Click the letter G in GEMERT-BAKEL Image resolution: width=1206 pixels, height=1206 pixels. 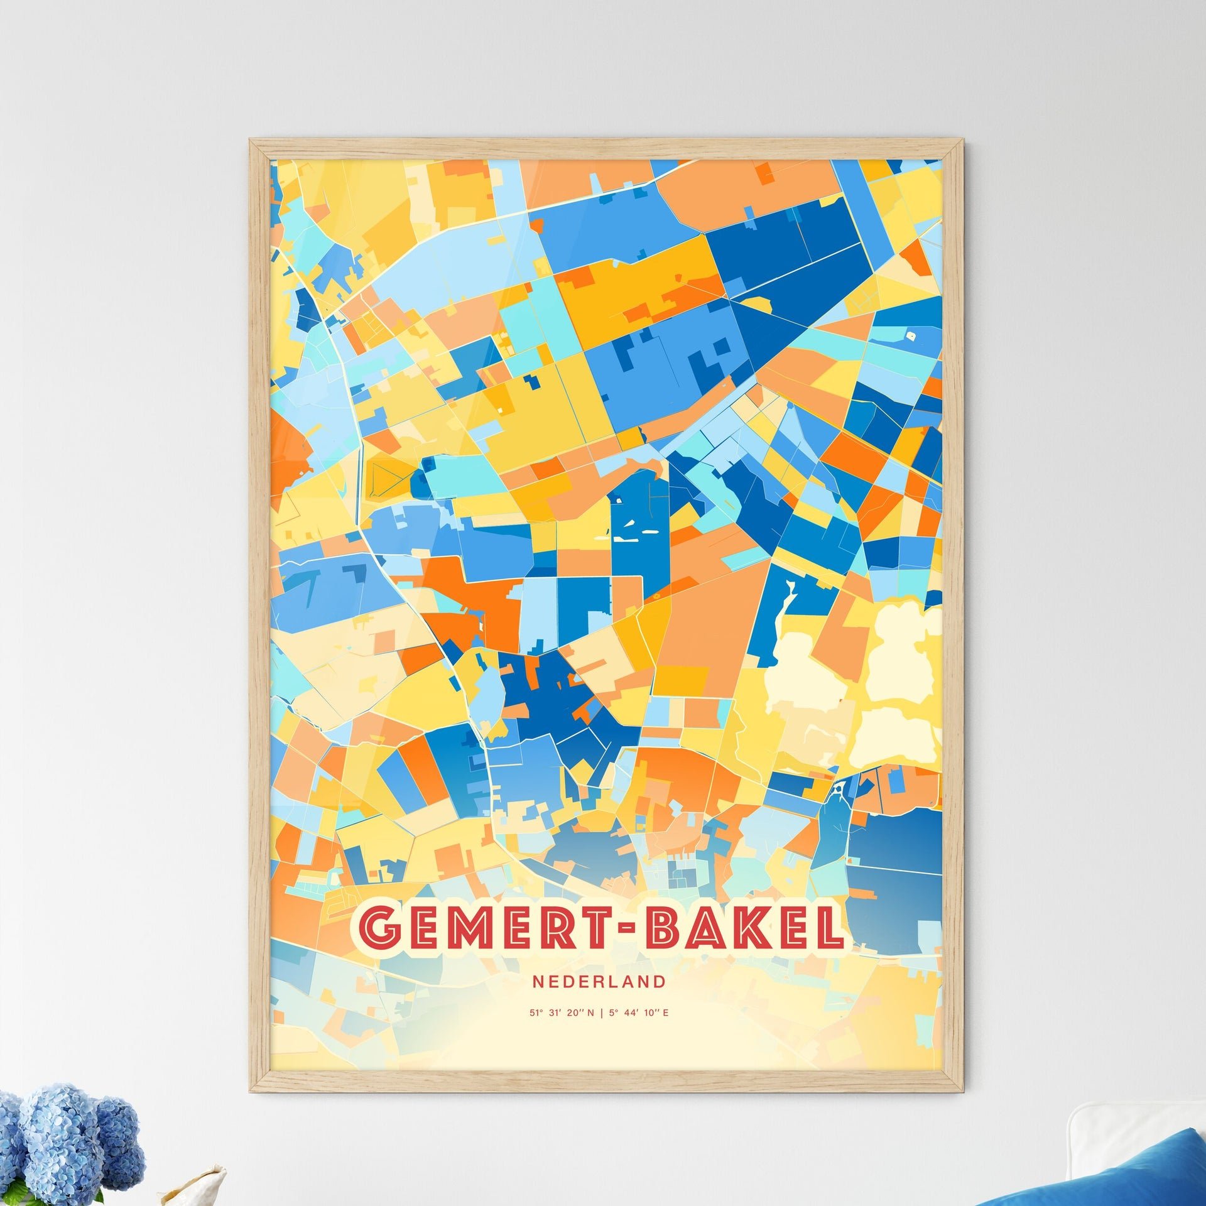pyautogui.click(x=380, y=930)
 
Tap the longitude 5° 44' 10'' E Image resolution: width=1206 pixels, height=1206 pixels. pyautogui.click(x=638, y=1013)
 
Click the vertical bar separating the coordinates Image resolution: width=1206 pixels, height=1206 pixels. pyautogui.click(x=601, y=1013)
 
